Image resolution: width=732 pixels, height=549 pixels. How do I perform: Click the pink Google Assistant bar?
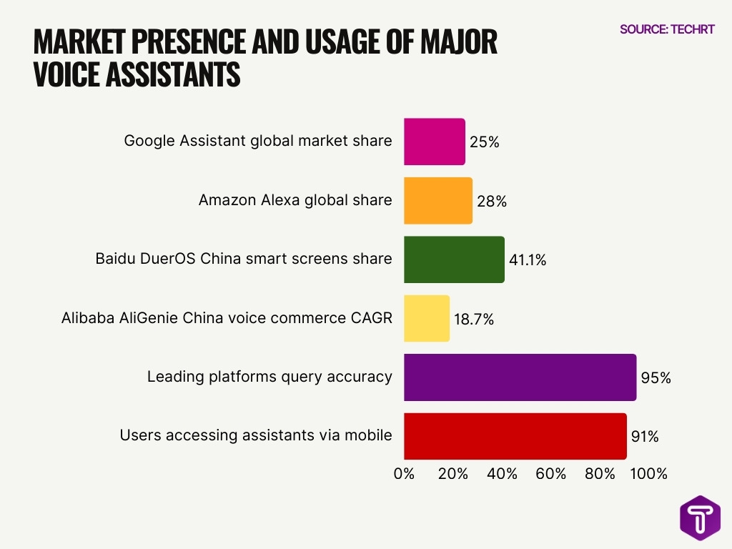[x=435, y=142]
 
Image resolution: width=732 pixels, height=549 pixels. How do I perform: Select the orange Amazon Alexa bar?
[x=438, y=201]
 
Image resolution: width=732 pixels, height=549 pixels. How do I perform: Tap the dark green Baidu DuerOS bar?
[x=454, y=259]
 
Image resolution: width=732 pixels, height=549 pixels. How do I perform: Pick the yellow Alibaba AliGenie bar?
[x=427, y=318]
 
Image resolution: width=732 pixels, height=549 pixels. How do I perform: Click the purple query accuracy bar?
[x=520, y=377]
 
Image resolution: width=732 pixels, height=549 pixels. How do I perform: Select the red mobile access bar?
[x=515, y=435]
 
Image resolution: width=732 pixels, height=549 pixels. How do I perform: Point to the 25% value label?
[x=484, y=142]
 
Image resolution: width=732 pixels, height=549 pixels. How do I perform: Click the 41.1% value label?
[x=527, y=260]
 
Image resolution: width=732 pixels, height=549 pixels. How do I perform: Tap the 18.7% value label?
[x=473, y=319]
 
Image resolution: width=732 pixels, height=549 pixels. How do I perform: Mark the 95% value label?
[x=656, y=377]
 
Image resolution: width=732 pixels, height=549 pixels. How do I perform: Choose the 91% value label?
[x=644, y=436]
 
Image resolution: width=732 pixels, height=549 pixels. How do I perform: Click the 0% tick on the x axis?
[x=404, y=474]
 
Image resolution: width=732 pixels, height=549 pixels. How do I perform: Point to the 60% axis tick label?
[x=551, y=474]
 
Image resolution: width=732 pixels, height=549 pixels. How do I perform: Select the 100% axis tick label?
[x=649, y=474]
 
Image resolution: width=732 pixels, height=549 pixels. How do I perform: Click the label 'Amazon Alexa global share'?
[x=295, y=200]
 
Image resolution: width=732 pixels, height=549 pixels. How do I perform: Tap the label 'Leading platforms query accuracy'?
[x=269, y=376]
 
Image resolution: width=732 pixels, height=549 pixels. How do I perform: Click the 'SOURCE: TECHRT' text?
[x=667, y=29]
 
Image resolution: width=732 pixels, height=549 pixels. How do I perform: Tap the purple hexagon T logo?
[x=700, y=518]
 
